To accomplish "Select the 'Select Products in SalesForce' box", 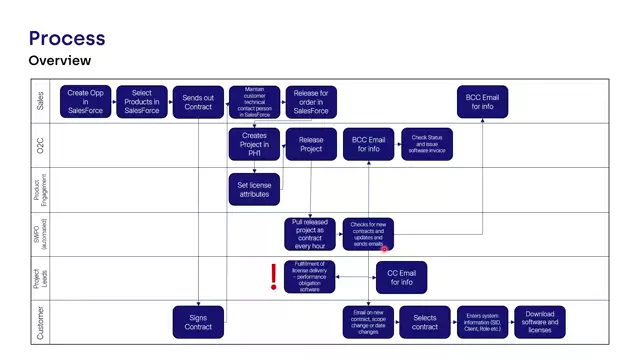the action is coord(142,101).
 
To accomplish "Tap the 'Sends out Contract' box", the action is coord(198,101).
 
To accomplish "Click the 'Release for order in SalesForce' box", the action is coord(311,101).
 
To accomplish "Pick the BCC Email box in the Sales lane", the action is coord(482,101).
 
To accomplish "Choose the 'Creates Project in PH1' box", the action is coord(254,144).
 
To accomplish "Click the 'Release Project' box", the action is coord(311,144).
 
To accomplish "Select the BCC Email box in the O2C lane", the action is coord(368,144).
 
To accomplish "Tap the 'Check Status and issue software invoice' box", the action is coord(427,144).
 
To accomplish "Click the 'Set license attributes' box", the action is coord(254,189).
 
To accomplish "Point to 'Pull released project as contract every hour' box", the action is coord(311,233).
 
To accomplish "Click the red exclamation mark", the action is coord(274,276).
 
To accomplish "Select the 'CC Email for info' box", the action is coord(401,276).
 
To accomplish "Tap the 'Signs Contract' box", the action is coord(198,322).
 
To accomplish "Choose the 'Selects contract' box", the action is coord(425,322).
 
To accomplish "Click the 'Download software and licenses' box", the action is coord(539,322).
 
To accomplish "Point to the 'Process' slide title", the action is coord(66,38).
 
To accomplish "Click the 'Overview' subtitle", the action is coord(60,61).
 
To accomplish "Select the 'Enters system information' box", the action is coord(482,322).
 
